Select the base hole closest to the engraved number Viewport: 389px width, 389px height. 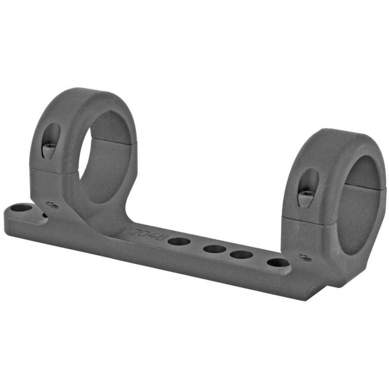click(179, 242)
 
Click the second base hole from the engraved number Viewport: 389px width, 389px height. click(214, 249)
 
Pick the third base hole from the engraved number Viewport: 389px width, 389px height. click(241, 254)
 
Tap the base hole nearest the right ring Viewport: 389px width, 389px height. click(278, 263)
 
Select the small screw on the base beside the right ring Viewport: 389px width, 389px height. click(305, 258)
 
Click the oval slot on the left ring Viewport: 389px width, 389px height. click(51, 140)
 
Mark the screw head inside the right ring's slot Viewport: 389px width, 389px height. click(306, 198)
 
